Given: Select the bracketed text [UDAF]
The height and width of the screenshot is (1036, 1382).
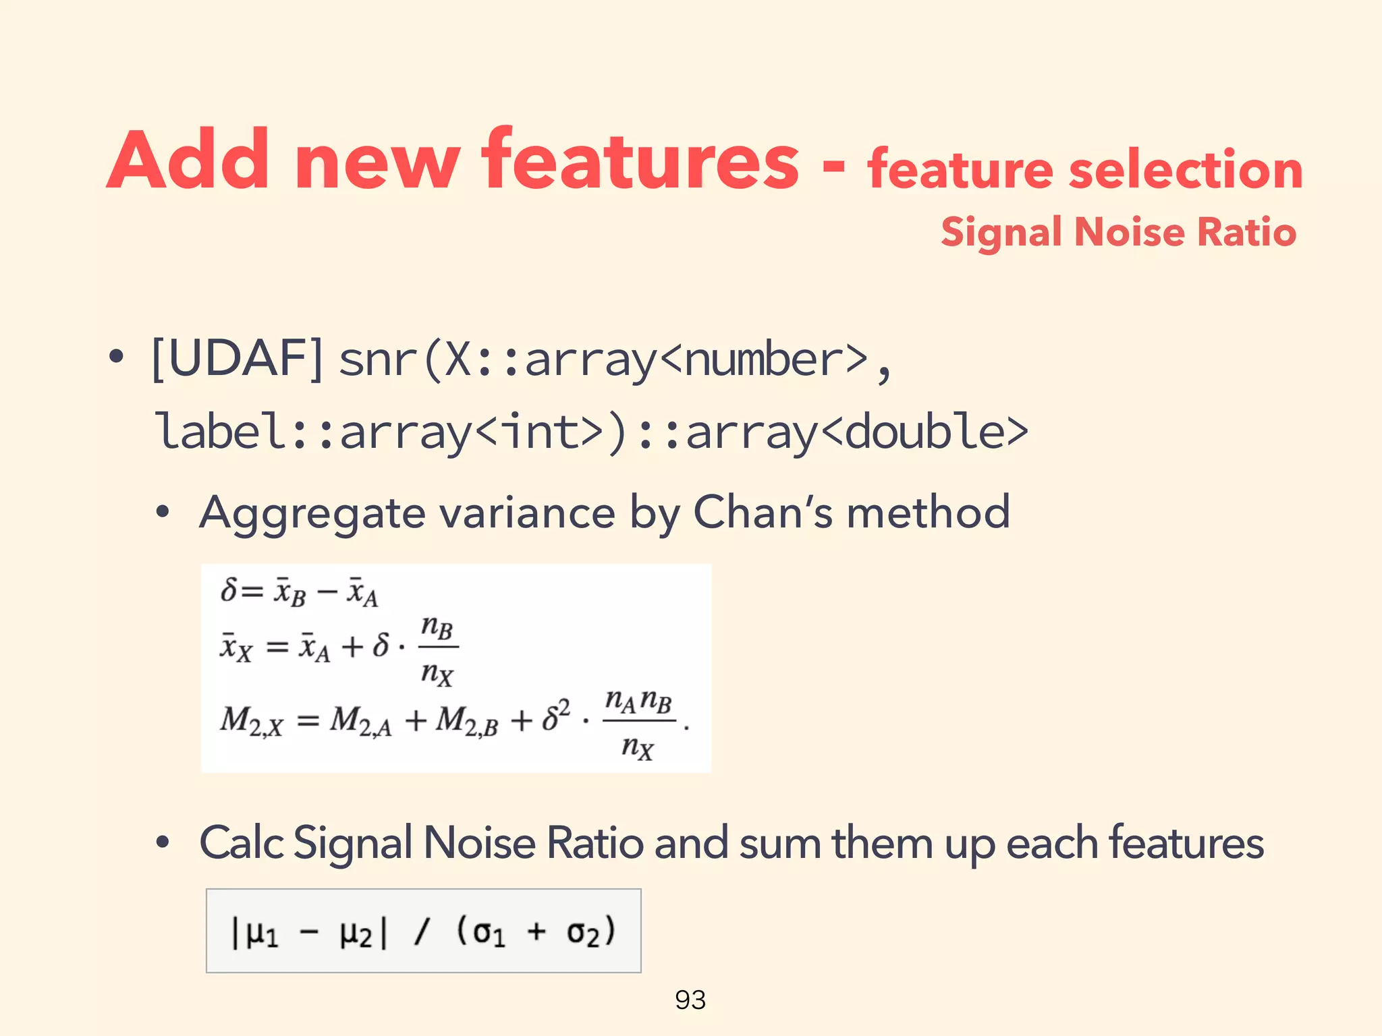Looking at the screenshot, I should point(238,359).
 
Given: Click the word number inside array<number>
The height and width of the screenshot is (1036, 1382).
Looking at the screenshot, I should point(764,359).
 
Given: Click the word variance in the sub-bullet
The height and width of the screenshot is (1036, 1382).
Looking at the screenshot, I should point(527,513).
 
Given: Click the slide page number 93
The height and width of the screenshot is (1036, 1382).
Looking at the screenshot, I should point(690,1000).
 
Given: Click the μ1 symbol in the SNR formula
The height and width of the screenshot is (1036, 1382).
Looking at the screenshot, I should point(262,933).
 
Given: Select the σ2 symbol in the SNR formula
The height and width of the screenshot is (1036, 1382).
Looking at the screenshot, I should point(582,933).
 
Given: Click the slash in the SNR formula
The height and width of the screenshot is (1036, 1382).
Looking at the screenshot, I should point(422,932).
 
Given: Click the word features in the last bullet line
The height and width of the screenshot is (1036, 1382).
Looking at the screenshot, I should point(1186,843).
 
